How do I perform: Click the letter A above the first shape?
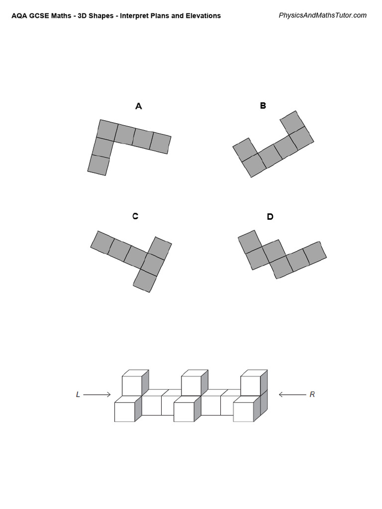[139, 106]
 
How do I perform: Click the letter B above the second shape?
[263, 105]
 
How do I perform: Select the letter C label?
[135, 216]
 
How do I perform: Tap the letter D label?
[270, 217]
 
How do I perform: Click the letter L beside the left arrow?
[78, 395]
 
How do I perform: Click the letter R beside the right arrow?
[312, 395]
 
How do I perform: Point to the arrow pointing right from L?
[97, 395]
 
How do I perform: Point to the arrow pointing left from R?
[292, 395]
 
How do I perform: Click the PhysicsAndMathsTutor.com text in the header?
[322, 15]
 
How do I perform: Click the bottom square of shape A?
[98, 165]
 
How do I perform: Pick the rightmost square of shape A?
[161, 143]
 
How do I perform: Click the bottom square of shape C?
[145, 281]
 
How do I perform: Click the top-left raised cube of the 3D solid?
[133, 384]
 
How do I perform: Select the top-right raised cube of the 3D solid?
[251, 384]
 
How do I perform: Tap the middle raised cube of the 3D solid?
[192, 384]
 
